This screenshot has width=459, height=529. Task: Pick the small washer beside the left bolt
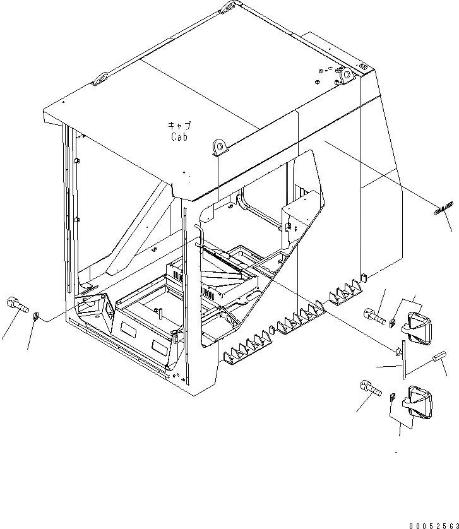[x=37, y=315]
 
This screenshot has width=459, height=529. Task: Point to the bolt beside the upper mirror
[x=374, y=316]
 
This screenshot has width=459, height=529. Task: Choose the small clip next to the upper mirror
[x=392, y=324]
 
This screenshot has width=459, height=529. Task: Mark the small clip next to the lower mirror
[x=392, y=398]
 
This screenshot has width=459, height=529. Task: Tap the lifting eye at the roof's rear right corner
[x=346, y=74]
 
